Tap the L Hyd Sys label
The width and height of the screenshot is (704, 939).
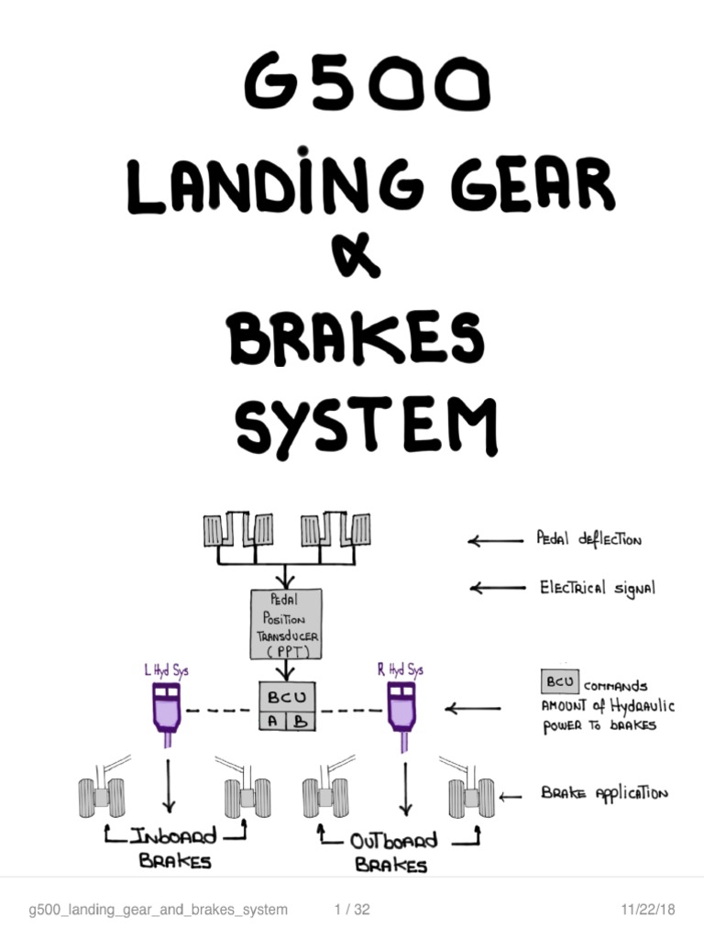coord(166,671)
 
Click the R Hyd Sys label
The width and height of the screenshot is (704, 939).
coord(401,670)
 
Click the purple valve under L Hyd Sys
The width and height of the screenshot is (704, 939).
coord(166,712)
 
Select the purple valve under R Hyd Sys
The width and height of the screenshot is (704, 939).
coord(401,712)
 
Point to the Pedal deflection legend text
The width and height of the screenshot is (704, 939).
coord(588,539)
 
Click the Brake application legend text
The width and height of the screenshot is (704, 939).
coord(604,794)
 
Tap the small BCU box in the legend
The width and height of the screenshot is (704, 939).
coord(559,683)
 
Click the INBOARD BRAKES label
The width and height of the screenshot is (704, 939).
coord(175,848)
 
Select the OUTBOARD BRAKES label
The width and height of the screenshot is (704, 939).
coord(393,852)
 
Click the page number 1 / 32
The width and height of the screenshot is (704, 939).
coord(352,910)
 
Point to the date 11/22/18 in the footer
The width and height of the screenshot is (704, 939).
coord(647,910)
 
